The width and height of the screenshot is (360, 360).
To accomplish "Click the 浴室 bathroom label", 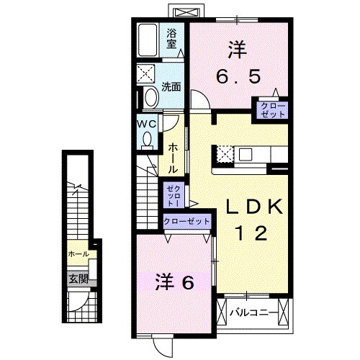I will (x=172, y=38).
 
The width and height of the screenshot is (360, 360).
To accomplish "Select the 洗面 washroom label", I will (x=171, y=87).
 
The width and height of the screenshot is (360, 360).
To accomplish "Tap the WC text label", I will (x=147, y=122).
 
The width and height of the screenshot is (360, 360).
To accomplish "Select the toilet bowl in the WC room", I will (x=148, y=140).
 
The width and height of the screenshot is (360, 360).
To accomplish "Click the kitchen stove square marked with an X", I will (x=224, y=153).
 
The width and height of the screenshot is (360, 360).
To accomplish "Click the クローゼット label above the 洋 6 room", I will (x=187, y=222).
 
